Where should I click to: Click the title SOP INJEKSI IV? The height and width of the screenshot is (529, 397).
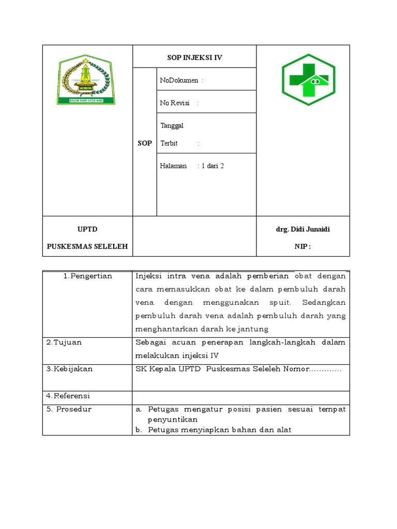point(194,57)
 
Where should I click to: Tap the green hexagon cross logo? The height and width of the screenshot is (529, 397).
point(308,80)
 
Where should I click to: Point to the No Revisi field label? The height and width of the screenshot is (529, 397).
point(172,103)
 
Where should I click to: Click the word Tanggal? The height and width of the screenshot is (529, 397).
point(172,126)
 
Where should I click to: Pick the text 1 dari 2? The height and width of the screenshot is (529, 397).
point(214,166)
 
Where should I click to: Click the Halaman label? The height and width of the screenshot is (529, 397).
point(173,166)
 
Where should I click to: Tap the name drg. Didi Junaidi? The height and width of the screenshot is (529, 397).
point(303,229)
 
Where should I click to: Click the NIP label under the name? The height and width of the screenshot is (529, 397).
point(302,246)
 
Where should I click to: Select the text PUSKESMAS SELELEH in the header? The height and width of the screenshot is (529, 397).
point(87,246)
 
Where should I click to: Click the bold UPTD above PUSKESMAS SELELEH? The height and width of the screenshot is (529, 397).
point(87,229)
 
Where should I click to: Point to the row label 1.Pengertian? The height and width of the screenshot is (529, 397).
point(88,276)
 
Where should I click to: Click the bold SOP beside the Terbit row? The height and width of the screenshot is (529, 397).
point(145,143)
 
